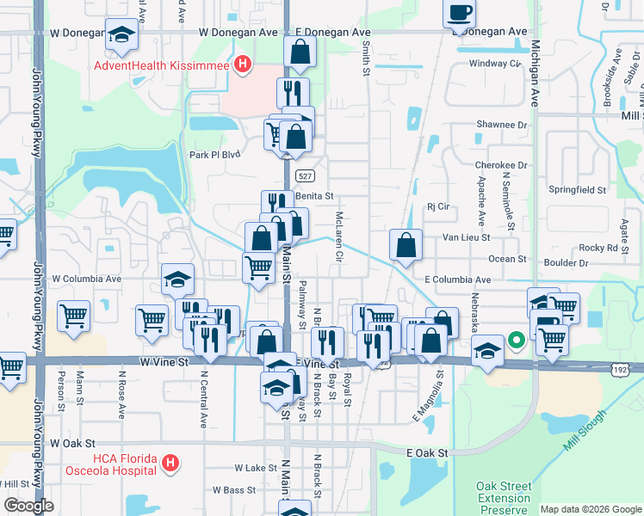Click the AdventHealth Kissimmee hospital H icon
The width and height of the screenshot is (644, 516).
click(x=245, y=64)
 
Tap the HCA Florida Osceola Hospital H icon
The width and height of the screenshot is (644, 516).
click(x=170, y=464)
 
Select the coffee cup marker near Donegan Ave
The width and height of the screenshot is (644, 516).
click(x=459, y=14)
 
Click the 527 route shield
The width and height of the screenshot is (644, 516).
click(x=304, y=175)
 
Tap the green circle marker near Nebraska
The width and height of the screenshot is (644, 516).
click(x=516, y=340)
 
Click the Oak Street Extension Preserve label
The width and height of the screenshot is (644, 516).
click(x=504, y=498)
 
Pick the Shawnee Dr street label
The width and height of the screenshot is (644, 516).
click(x=501, y=125)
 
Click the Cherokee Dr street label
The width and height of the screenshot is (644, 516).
click(x=500, y=164)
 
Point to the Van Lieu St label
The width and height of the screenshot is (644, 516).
click(x=466, y=236)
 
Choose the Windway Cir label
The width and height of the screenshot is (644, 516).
click(x=495, y=64)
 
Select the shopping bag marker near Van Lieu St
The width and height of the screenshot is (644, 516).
click(x=406, y=245)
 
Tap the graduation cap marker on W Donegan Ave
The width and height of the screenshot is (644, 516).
click(x=121, y=36)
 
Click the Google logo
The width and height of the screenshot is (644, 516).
click(x=28, y=506)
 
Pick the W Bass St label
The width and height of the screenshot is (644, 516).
click(x=233, y=490)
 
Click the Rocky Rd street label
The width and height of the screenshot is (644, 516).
click(x=598, y=248)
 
